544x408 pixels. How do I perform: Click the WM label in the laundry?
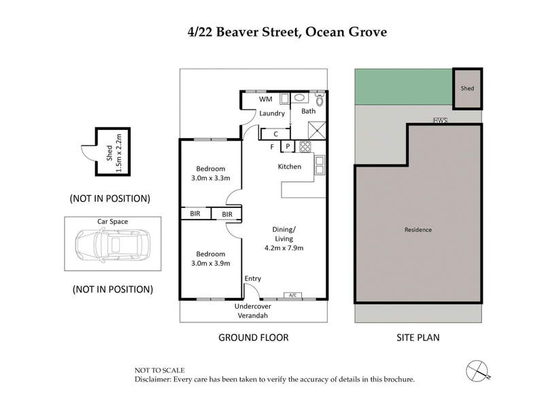[265, 99]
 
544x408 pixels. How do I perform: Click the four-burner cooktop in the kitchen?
[304, 146]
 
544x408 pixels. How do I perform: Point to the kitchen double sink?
[319, 165]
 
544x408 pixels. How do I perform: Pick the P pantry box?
[288, 146]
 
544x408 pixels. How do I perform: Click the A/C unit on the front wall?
[294, 295]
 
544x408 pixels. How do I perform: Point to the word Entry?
[253, 279]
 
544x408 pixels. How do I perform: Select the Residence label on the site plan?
[418, 230]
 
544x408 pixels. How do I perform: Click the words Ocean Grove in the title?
[348, 31]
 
